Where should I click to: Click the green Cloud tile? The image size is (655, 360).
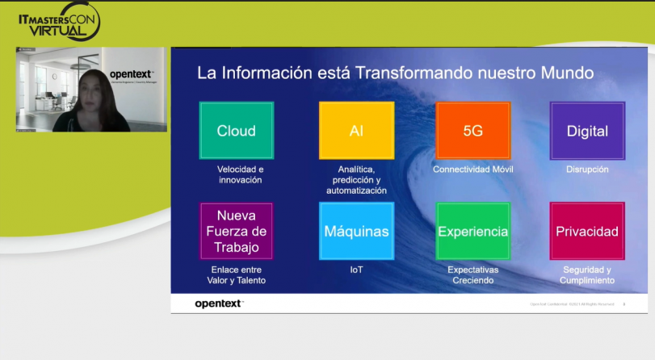[x=236, y=131]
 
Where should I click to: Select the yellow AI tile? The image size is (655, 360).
[x=356, y=131]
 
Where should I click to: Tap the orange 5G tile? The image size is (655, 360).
[x=472, y=131]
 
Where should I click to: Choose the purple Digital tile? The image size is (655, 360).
[x=587, y=131]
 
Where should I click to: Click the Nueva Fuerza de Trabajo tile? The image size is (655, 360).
[x=236, y=231]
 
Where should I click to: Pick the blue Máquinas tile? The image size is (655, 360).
[x=356, y=231]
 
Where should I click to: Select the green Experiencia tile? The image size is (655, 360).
[x=472, y=231]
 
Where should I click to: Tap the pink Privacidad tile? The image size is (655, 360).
[x=587, y=231]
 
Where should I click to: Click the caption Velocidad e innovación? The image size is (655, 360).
[x=240, y=174]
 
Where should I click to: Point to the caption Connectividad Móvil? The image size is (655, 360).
[x=472, y=170]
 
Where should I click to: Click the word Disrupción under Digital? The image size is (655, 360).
[x=587, y=170]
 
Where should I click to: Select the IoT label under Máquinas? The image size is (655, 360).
[x=356, y=270]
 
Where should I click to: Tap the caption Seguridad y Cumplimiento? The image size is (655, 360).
[x=587, y=274]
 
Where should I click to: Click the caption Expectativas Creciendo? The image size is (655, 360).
[x=472, y=274]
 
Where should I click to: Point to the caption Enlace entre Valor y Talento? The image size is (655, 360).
[x=236, y=274]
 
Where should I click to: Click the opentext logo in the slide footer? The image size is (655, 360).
[x=219, y=303]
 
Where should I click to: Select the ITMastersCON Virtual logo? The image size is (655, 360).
[x=59, y=22]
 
